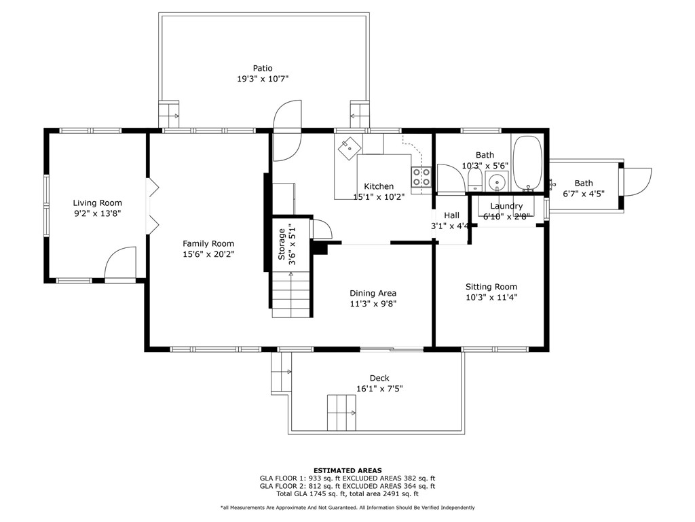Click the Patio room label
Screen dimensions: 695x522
coord(263,69)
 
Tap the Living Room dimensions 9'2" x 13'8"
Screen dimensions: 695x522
coord(98,213)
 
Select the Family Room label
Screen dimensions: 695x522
coord(208,244)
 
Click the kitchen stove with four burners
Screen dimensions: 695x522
coord(421,177)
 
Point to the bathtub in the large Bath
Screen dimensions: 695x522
coord(527,162)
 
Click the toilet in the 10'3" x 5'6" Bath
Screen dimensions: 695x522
coord(475,181)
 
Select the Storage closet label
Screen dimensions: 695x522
coord(282,244)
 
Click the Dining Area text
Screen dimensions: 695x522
coord(373,294)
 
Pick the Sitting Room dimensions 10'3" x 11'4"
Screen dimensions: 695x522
coord(491,298)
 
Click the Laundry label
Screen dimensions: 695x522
coord(506,206)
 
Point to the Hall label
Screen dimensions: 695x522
coord(451,215)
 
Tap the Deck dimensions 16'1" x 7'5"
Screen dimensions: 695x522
coord(379,389)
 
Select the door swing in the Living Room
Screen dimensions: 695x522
coord(120,264)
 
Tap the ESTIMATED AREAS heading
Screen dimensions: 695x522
coord(347,470)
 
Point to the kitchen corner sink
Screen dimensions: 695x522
coord(350,147)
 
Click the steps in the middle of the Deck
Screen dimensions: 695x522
coord(342,413)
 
